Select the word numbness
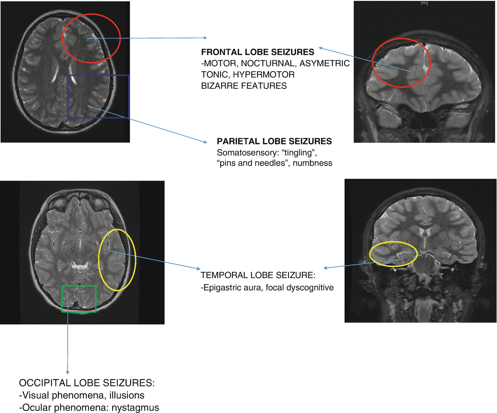[312, 163]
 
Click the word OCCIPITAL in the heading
[45, 383]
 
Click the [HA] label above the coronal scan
[424, 3]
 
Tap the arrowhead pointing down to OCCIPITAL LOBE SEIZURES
[67, 373]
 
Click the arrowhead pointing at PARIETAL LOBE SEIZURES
[205, 142]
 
